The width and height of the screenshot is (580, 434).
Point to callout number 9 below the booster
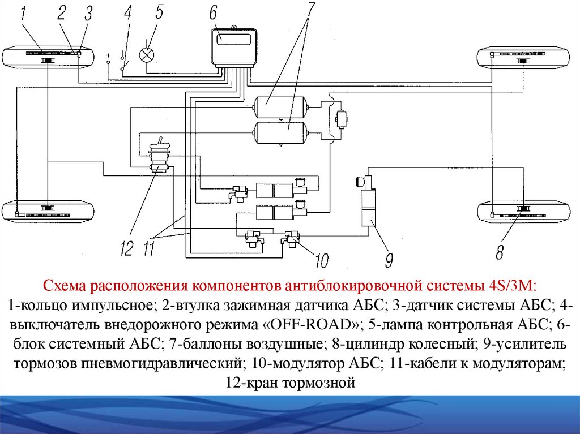click(389, 260)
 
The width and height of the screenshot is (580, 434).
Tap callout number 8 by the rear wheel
click(499, 252)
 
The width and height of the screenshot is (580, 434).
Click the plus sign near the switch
click(108, 56)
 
